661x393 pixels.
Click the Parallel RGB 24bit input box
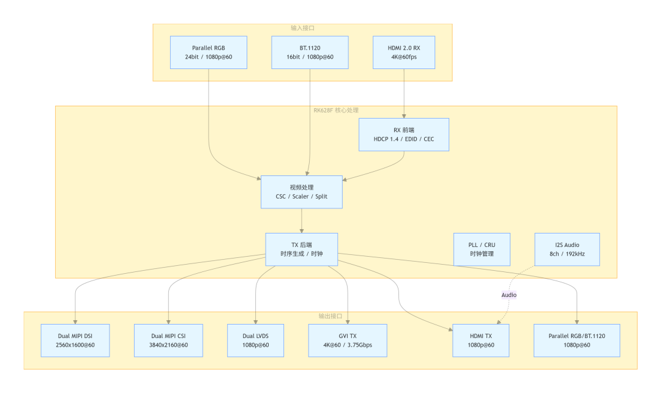(x=208, y=52)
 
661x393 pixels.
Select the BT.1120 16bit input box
(x=310, y=52)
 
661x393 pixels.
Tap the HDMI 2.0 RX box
(x=404, y=52)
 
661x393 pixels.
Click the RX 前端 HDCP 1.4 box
(x=404, y=134)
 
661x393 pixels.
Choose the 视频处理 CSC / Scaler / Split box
(x=301, y=192)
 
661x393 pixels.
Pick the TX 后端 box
(x=301, y=249)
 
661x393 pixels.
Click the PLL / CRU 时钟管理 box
(x=482, y=249)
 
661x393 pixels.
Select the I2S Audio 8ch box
(x=567, y=249)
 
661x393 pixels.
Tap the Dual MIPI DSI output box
(x=75, y=340)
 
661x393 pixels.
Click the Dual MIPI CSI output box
(x=169, y=340)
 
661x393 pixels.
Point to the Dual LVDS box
(x=255, y=340)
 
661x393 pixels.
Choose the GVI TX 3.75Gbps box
(x=348, y=340)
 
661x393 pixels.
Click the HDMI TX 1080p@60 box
(x=481, y=340)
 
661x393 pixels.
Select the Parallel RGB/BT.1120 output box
(x=577, y=340)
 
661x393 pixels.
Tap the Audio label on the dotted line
(x=509, y=295)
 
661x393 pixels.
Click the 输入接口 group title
(x=303, y=28)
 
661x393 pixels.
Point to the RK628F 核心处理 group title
(x=336, y=110)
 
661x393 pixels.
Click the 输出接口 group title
(x=330, y=316)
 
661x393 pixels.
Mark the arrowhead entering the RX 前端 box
(x=404, y=116)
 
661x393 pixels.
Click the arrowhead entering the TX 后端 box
(x=301, y=230)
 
